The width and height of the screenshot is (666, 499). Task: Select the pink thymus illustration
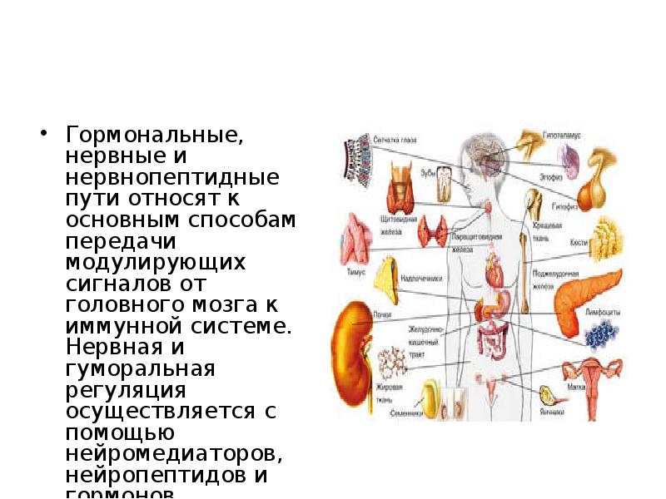click(x=355, y=237)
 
